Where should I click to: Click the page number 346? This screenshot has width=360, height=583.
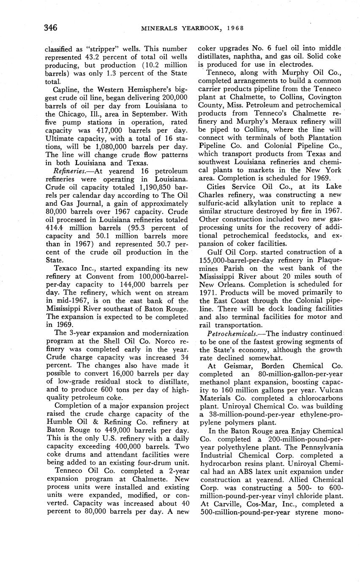click(x=51, y=28)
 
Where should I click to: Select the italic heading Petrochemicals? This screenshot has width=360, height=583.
click(x=229, y=333)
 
